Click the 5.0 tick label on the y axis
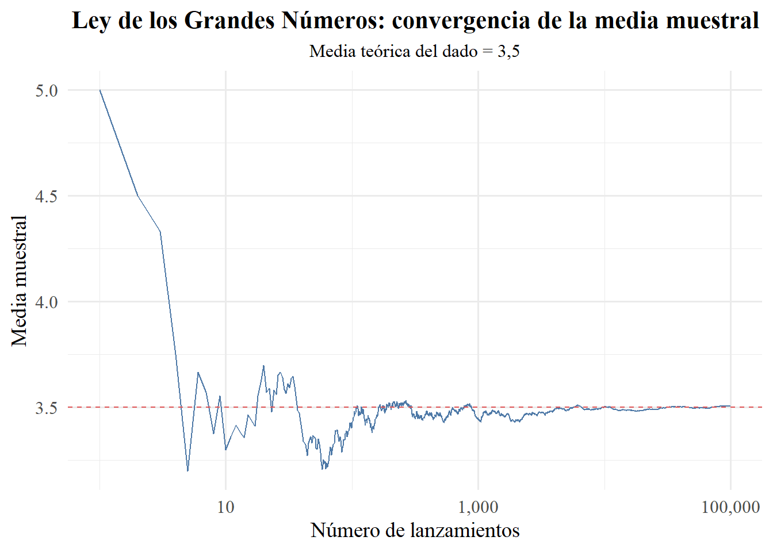[x=47, y=91]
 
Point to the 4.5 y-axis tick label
[x=47, y=197]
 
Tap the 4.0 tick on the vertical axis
[x=47, y=302]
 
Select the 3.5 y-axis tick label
[x=47, y=408]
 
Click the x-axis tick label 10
[x=226, y=507]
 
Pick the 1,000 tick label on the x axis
[x=479, y=507]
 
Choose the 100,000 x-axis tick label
[x=730, y=507]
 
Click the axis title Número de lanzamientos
[x=415, y=530]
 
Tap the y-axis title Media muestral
[x=20, y=281]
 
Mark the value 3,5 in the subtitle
[x=508, y=52]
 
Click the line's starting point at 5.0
[x=100, y=90]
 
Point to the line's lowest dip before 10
[x=187, y=471]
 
